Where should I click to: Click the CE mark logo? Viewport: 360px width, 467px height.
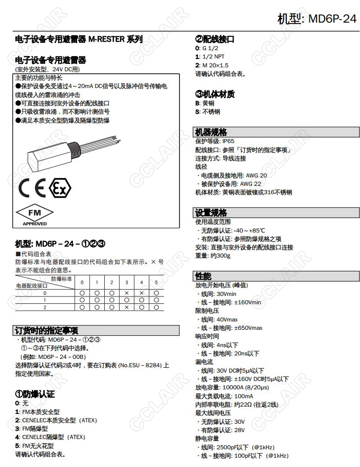32,188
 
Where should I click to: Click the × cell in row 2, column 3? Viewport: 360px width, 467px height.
126,307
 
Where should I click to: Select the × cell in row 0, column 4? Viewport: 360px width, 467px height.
141,293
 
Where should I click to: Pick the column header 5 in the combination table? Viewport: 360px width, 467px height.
156,282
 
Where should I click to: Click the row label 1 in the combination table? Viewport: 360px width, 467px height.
44,300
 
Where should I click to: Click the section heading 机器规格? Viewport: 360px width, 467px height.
211,132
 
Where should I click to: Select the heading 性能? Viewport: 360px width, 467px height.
204,276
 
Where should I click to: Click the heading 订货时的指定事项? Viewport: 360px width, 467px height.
47,330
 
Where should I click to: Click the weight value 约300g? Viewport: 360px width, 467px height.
220,256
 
